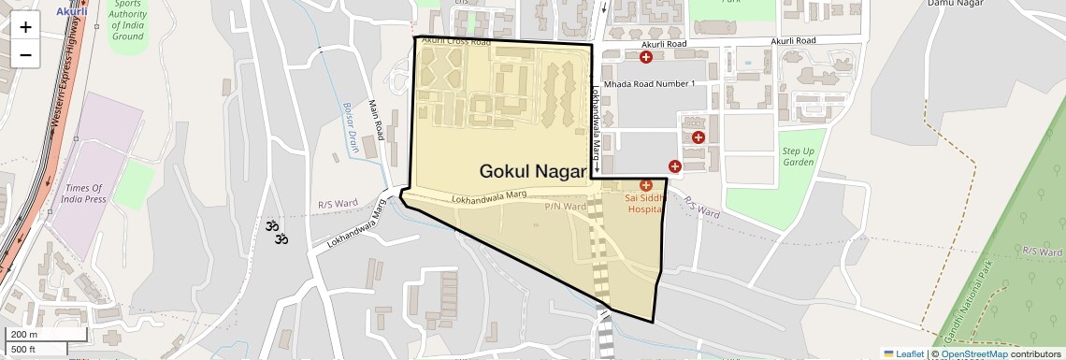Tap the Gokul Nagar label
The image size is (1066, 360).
click(532, 171)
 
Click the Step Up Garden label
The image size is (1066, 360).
click(798, 156)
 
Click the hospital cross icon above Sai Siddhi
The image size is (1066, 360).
click(645, 186)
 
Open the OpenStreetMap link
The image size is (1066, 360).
click(973, 353)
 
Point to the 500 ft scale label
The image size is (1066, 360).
click(23, 350)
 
